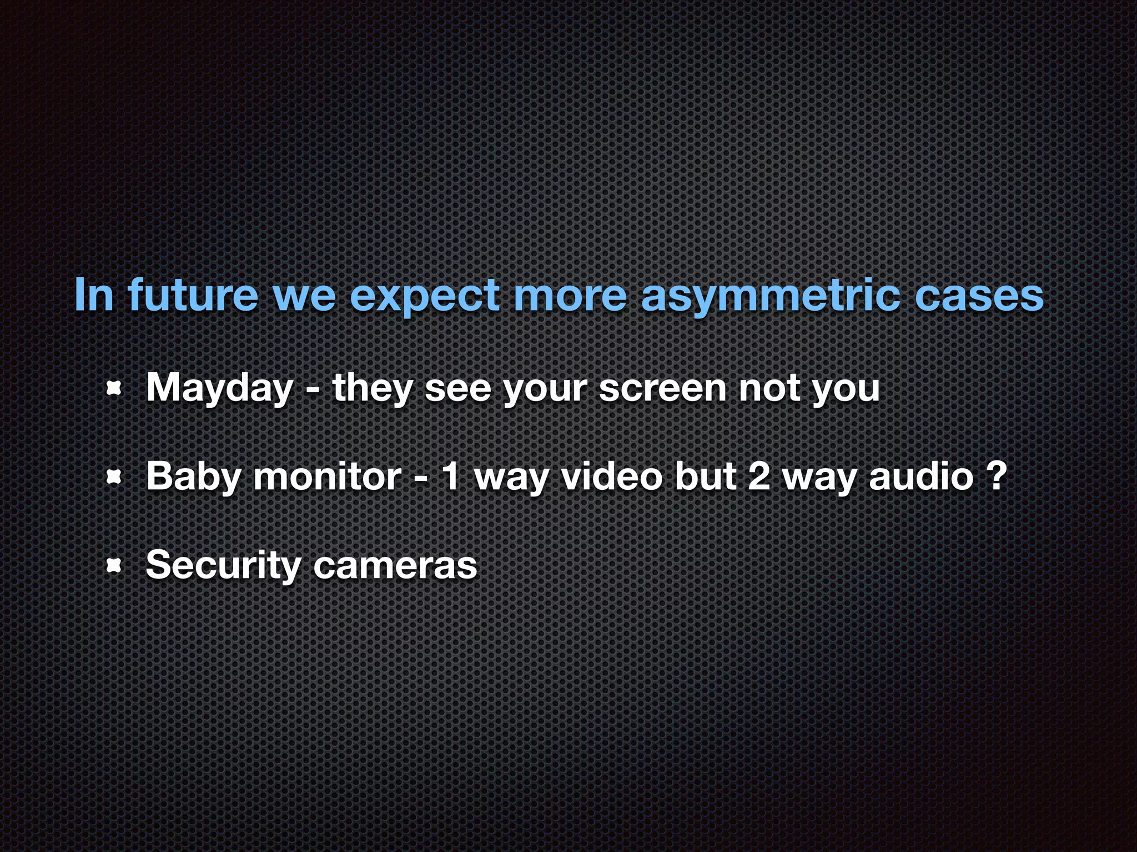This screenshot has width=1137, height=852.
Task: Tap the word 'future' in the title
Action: [193, 295]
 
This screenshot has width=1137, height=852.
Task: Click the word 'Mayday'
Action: [220, 388]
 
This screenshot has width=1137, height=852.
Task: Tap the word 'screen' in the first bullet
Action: [662, 388]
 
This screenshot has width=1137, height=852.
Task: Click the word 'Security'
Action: [222, 566]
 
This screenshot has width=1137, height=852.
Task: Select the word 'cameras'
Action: [395, 566]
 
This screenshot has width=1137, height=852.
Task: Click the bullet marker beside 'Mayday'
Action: [113, 389]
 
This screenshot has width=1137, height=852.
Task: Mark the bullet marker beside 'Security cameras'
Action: [113, 566]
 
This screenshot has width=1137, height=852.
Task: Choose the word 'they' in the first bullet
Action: [372, 388]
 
